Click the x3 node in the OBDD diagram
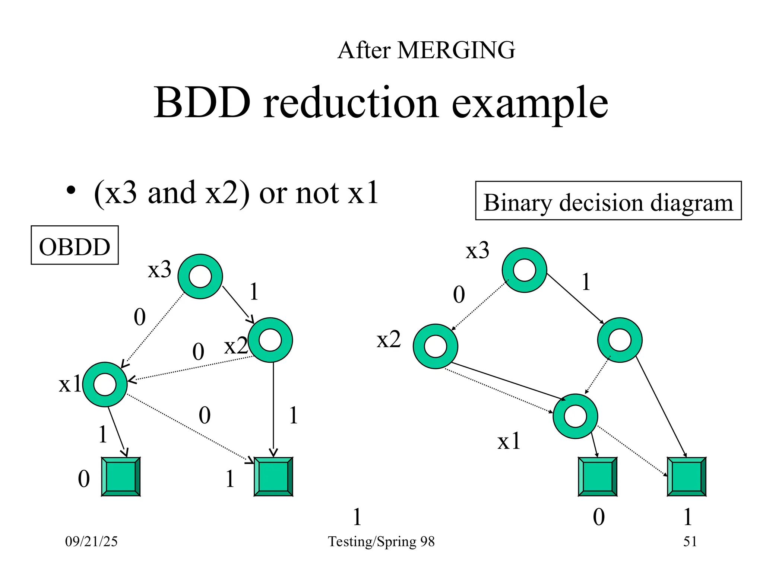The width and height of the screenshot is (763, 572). pyautogui.click(x=200, y=276)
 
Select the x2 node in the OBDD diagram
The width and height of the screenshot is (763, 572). pyautogui.click(x=270, y=340)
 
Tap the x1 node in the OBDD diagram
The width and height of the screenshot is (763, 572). pyautogui.click(x=105, y=384)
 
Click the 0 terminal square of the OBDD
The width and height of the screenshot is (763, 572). pyautogui.click(x=121, y=477)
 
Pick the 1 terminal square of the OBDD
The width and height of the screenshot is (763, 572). pyautogui.click(x=273, y=477)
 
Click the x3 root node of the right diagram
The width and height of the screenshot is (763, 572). pyautogui.click(x=524, y=270)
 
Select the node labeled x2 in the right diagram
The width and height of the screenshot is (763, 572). pyautogui.click(x=436, y=346)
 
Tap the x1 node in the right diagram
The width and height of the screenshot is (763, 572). pyautogui.click(x=575, y=416)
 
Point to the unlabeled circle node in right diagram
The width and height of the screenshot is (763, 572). pyautogui.click(x=620, y=340)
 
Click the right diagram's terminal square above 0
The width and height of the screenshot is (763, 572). pyautogui.click(x=598, y=477)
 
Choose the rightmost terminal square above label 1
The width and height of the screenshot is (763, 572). pyautogui.click(x=687, y=477)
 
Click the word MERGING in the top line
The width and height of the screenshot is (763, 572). pyautogui.click(x=456, y=50)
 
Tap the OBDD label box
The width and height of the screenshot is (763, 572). pyautogui.click(x=75, y=245)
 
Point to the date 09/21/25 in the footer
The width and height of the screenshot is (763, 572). pyautogui.click(x=91, y=541)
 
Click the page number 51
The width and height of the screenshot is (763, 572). pyautogui.click(x=690, y=541)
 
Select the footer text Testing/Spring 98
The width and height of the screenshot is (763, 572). pyautogui.click(x=381, y=541)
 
